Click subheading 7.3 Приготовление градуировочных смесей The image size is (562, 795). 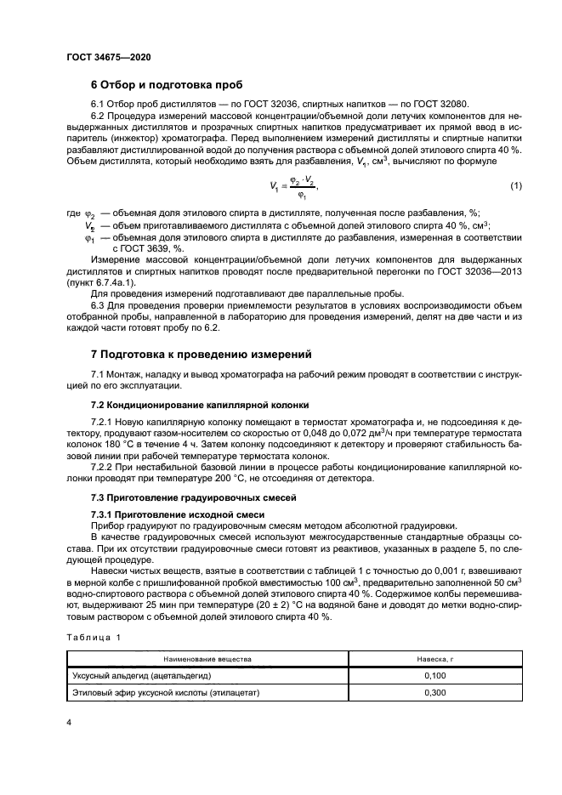(176, 496)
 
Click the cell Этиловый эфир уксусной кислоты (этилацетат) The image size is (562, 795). (166, 693)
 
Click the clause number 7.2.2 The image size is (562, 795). (103, 465)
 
